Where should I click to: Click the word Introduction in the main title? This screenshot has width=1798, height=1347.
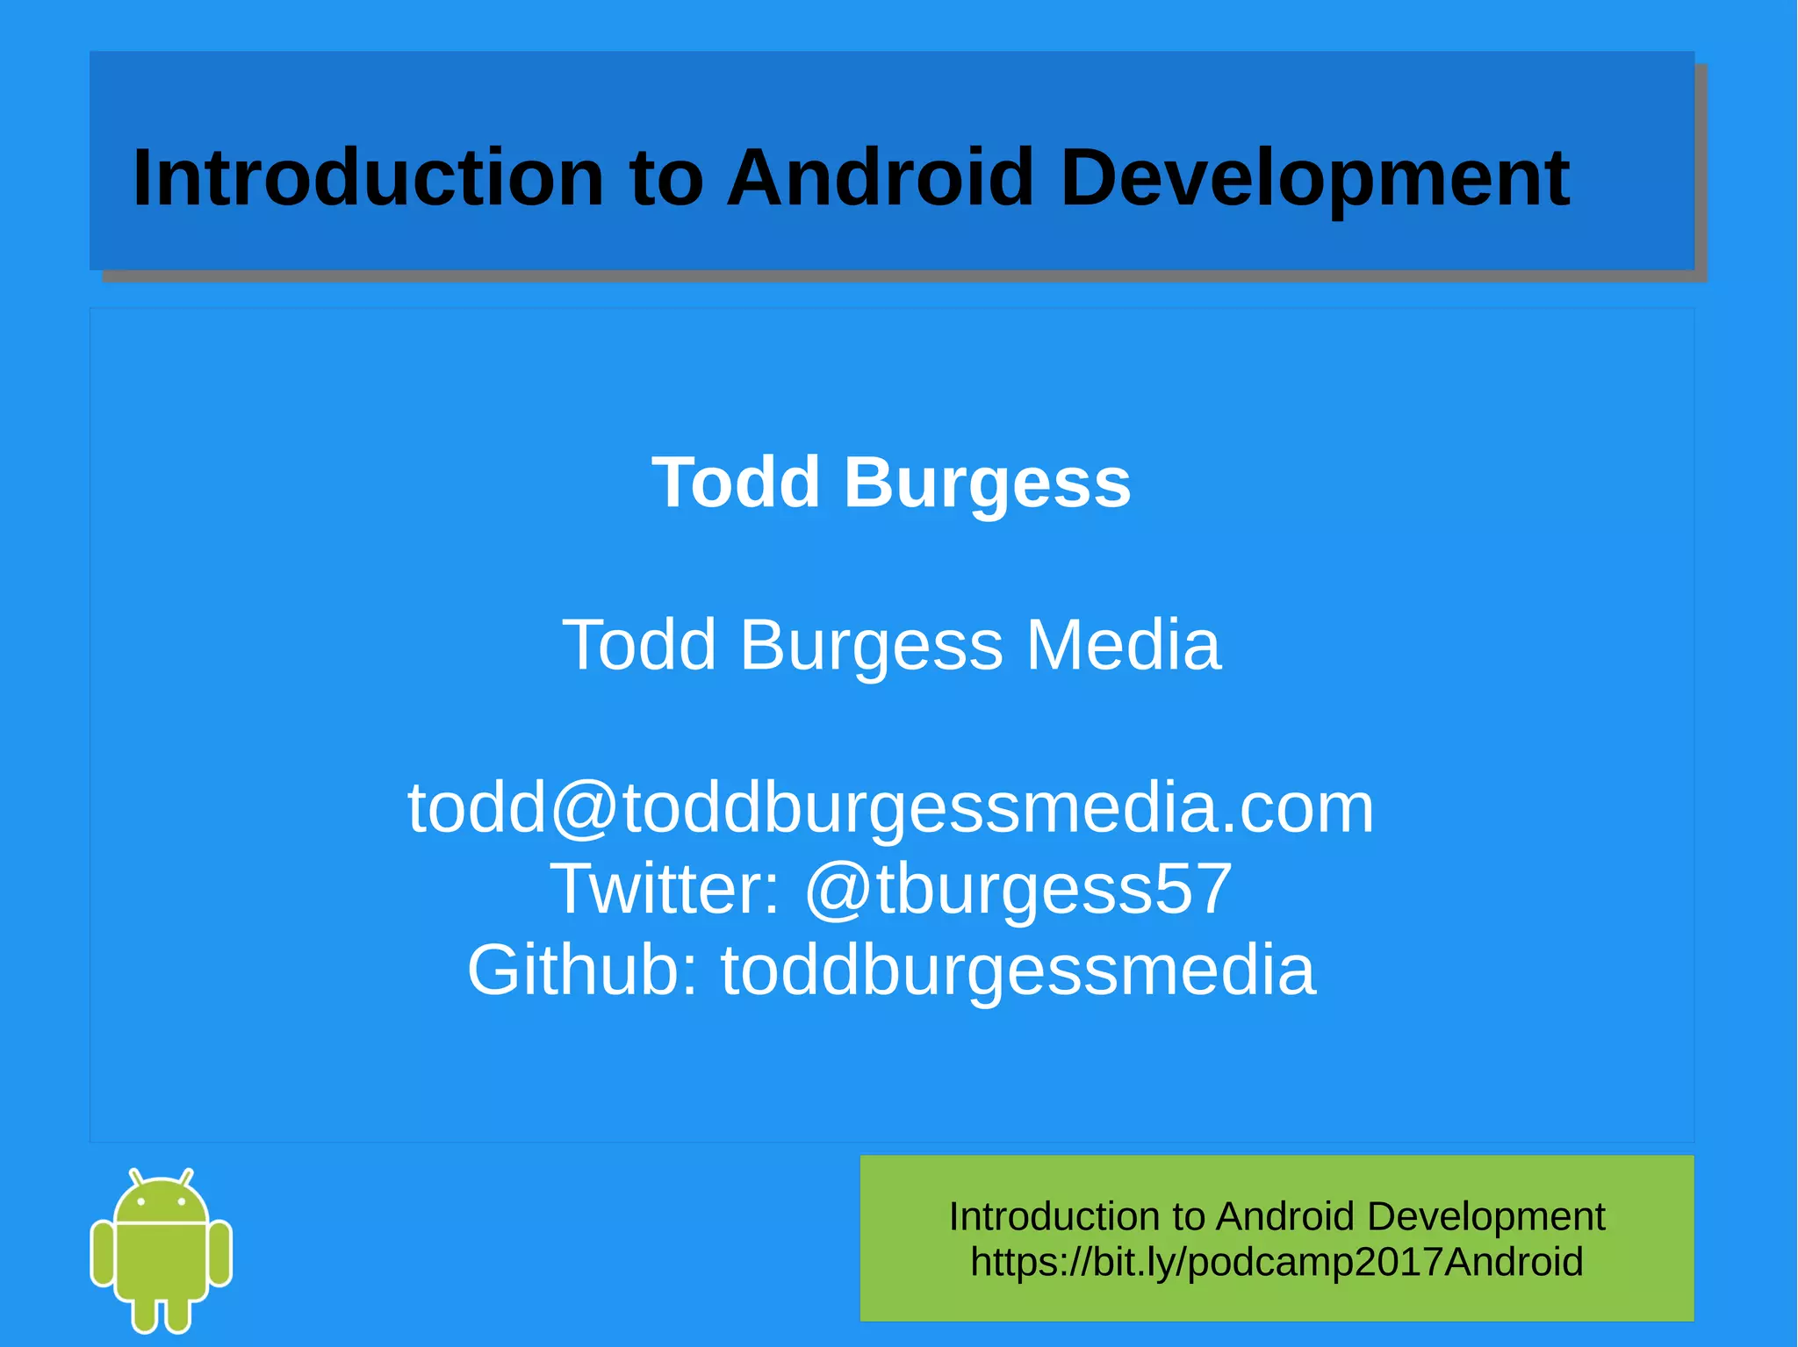(368, 177)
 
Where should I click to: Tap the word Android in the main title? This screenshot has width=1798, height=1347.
(881, 177)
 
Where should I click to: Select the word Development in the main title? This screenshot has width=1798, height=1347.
(1314, 179)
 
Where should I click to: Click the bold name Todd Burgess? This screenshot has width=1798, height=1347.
(891, 482)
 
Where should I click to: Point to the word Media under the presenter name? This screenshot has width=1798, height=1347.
(1123, 645)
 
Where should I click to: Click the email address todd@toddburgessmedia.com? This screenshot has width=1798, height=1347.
(890, 807)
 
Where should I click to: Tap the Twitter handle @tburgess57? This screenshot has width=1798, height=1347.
(1018, 889)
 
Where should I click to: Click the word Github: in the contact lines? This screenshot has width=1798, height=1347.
(583, 971)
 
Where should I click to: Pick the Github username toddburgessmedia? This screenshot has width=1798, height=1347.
(1018, 971)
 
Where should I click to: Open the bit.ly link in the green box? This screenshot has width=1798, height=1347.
(1277, 1262)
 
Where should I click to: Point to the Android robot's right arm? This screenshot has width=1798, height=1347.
(220, 1253)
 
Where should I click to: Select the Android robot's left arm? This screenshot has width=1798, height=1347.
(103, 1253)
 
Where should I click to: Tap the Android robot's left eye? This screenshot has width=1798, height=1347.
(141, 1201)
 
